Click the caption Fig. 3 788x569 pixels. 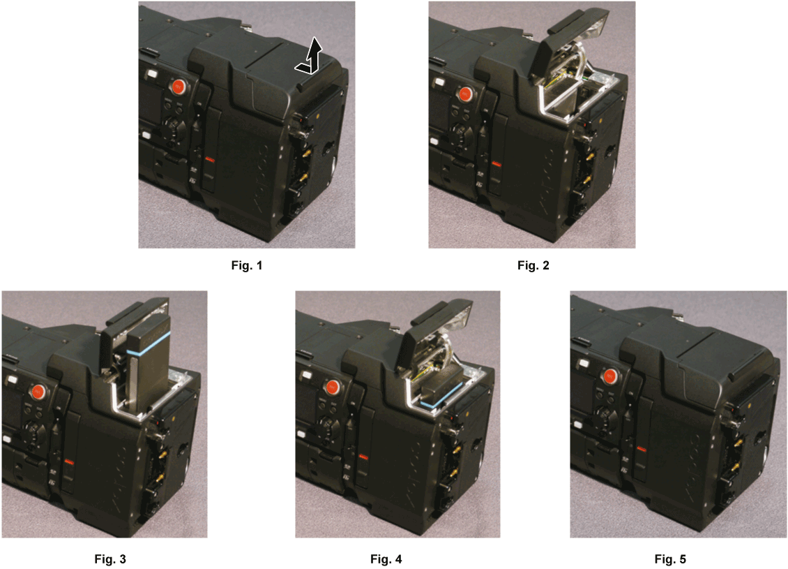tap(110, 559)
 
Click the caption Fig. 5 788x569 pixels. tap(670, 559)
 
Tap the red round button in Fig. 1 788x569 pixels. tap(179, 88)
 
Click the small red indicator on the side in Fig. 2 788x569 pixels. tap(496, 164)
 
